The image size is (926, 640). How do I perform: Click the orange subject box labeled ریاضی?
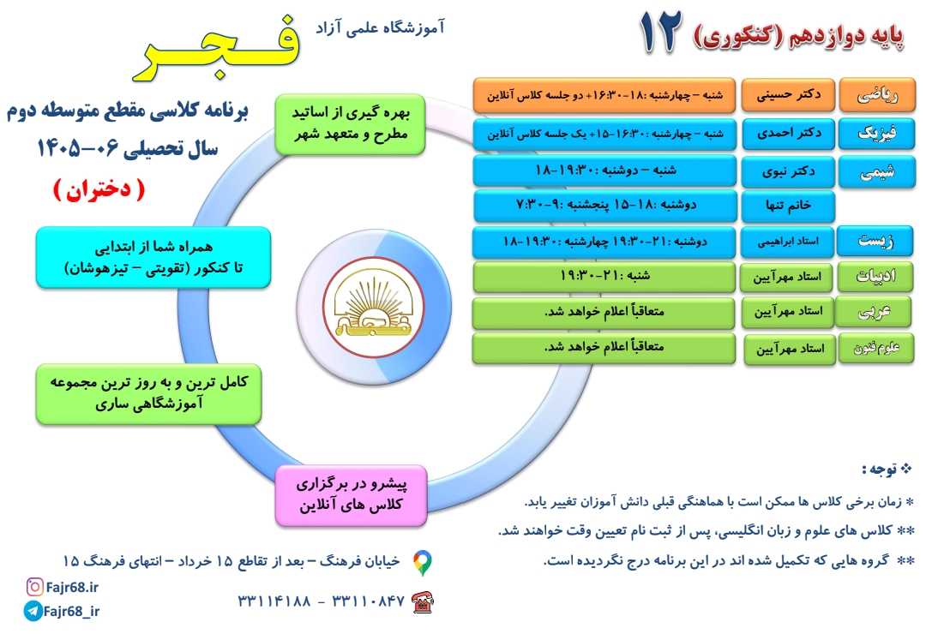coord(878,95)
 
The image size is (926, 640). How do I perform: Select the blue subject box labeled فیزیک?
coord(877,134)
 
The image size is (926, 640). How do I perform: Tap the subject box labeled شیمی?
coord(877,172)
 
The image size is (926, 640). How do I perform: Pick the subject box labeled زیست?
coord(875,241)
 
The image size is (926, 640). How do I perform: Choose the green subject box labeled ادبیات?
coord(875,277)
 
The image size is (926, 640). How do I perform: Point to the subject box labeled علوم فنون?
coord(876,349)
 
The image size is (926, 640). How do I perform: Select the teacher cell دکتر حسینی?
coord(789,94)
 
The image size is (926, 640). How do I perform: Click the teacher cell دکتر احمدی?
coord(789,134)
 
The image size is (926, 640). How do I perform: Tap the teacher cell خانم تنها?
coord(789,206)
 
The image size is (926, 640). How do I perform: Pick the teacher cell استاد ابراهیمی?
coord(787,242)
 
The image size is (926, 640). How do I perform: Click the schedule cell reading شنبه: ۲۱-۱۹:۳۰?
coord(604,277)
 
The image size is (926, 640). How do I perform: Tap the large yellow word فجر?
coord(217,48)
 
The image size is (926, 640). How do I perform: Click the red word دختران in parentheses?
coord(99,190)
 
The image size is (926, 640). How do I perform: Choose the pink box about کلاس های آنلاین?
coord(352,495)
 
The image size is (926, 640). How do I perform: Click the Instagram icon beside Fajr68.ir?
coord(35,587)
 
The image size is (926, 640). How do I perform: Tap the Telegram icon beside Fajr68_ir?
coord(33,611)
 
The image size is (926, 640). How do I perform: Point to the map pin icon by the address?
coord(422,563)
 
